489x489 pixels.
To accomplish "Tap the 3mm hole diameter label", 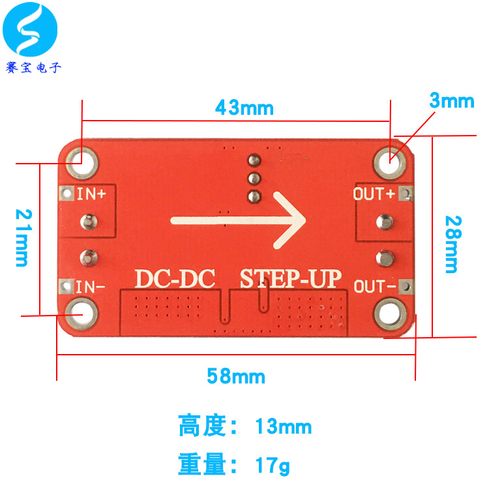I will pyautogui.click(x=451, y=101).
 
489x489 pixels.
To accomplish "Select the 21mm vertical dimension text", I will pyautogui.click(x=21, y=238).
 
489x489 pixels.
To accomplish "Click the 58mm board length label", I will pyautogui.click(x=236, y=376).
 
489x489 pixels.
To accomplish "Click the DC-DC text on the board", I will pyautogui.click(x=175, y=278).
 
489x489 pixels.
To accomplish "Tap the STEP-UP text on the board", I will pyautogui.click(x=291, y=278).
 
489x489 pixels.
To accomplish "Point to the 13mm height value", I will pyautogui.click(x=283, y=428).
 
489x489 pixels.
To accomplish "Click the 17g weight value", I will pyautogui.click(x=272, y=466).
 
